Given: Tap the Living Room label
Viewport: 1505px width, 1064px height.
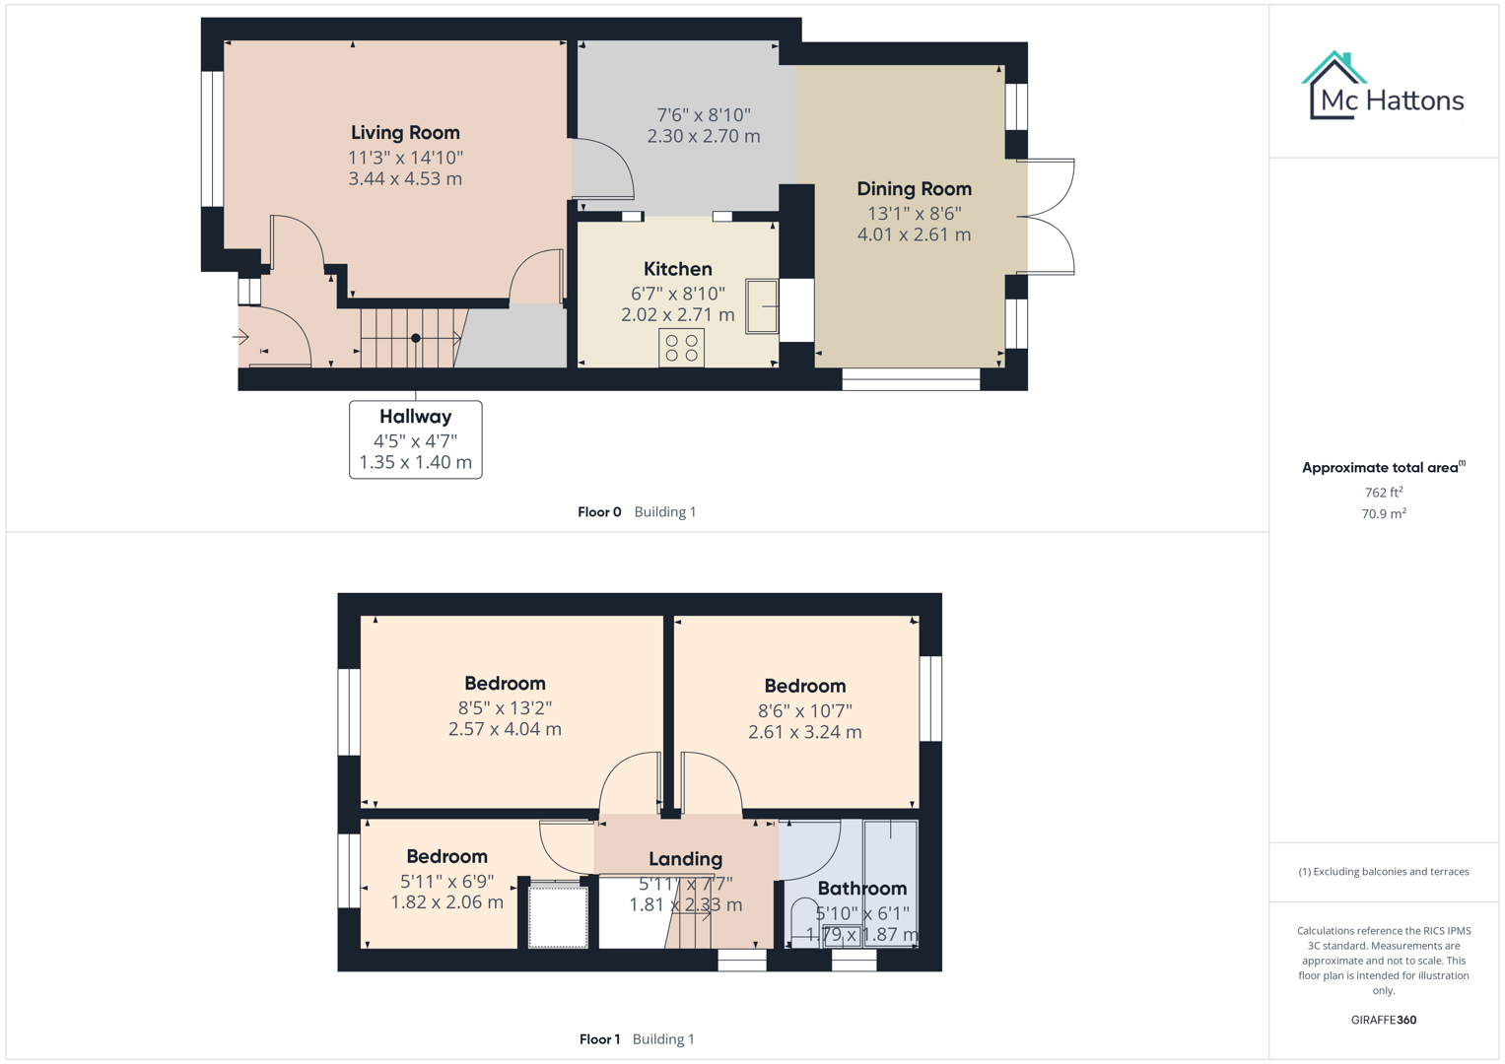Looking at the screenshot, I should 405,133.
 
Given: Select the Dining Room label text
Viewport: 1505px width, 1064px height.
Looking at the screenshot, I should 914,189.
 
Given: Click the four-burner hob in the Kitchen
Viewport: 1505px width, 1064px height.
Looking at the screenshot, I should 681,348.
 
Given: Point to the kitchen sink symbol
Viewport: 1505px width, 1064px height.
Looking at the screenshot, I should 762,306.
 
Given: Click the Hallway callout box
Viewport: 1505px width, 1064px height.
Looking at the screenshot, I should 415,439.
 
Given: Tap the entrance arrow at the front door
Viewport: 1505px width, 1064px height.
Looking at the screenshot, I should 240,337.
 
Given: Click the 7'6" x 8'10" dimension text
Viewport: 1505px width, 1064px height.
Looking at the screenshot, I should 704,115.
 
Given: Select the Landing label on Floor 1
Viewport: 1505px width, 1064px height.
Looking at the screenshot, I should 685,859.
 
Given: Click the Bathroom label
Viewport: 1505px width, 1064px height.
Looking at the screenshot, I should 861,889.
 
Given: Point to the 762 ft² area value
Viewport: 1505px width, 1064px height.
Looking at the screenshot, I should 1383,493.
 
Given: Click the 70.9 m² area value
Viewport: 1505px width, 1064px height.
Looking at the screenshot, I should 1383,513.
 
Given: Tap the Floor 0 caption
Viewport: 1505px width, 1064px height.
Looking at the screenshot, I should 599,512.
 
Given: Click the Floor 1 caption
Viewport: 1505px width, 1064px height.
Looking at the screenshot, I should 599,1039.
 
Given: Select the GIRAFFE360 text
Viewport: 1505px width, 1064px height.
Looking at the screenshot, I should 1383,1021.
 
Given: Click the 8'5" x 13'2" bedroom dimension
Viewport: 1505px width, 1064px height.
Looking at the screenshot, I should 505,708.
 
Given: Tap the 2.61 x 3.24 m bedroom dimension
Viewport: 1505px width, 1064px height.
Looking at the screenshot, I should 804,732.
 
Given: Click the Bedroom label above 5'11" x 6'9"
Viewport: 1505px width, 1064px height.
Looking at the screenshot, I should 446,857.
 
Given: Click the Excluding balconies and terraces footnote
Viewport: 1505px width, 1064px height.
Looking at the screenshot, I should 1383,872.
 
